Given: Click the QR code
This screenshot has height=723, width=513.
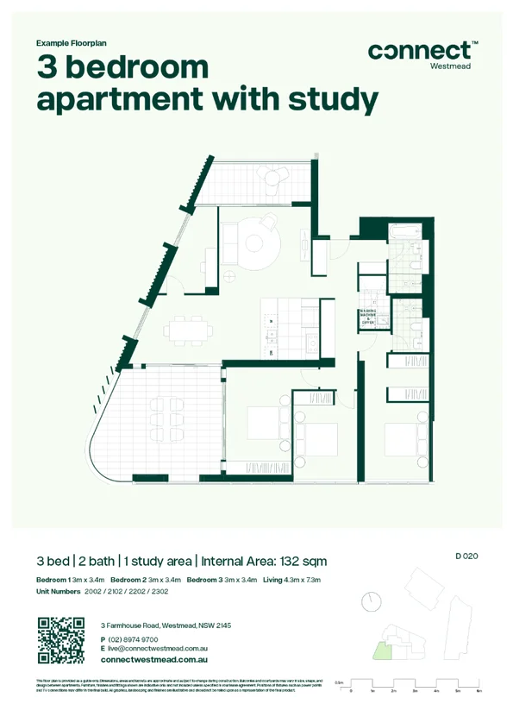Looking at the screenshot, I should click(61, 640).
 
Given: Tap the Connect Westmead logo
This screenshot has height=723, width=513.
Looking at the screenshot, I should click(422, 53).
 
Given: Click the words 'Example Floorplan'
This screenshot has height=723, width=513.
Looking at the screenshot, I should click(72, 42).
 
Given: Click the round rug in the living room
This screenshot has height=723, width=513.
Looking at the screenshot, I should click(255, 242).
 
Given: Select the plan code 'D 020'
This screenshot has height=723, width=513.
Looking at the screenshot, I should click(466, 556).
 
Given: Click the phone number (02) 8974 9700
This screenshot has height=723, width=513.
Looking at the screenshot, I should click(134, 638).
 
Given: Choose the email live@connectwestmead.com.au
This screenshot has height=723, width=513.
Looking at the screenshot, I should click(158, 648).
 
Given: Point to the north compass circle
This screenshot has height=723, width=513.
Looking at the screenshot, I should click(372, 600).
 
